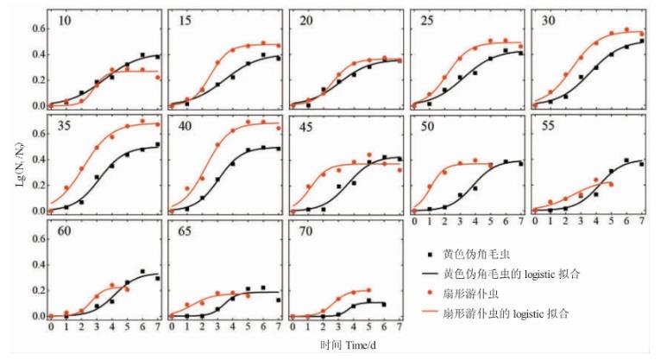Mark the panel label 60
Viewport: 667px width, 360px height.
(x=64, y=231)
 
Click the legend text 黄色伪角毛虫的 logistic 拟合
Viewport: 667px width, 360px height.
(x=511, y=273)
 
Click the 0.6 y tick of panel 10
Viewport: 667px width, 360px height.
(x=37, y=28)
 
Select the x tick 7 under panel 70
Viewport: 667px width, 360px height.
(x=398, y=328)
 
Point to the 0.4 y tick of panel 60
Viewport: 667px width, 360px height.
(x=37, y=264)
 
